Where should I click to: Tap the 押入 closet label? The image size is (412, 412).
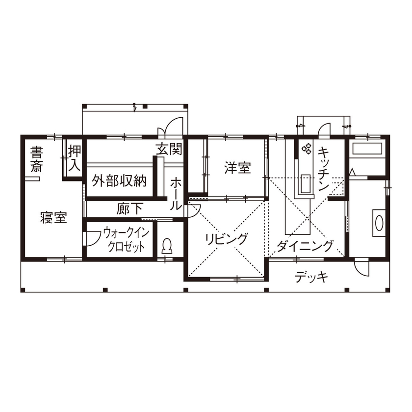coord(74,157)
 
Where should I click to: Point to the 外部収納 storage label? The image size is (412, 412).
coord(119,181)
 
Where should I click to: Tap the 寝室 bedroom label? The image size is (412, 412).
coord(53,218)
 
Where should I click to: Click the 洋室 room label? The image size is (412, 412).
coord(237,168)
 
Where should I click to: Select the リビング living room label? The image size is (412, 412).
coord(226,239)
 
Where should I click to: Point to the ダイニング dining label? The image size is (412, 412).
coord(305,245)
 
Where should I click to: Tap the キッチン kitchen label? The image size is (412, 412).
coord(323,169)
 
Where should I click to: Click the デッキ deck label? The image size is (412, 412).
coord(311,278)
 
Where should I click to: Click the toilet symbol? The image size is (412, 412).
coord(167,245)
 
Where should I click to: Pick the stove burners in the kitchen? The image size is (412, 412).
coord(307,148)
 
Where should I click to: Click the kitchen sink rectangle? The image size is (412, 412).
coord(306,183)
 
